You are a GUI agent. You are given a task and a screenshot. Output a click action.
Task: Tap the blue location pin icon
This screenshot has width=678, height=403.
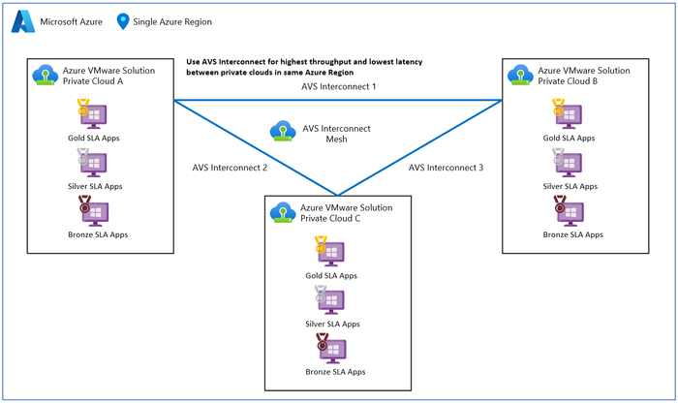point(123,21)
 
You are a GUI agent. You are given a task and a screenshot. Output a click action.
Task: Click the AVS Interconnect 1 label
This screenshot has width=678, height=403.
point(338,87)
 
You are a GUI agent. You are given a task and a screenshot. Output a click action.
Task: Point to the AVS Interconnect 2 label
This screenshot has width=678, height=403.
point(230,168)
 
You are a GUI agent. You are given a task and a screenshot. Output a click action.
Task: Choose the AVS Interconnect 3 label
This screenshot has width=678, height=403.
point(446,168)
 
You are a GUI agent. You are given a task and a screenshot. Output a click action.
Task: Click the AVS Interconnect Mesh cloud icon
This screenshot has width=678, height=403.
point(284,131)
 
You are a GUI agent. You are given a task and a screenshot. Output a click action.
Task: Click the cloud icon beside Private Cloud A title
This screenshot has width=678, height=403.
point(43,76)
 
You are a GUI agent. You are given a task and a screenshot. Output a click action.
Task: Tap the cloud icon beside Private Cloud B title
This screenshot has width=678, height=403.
point(519,76)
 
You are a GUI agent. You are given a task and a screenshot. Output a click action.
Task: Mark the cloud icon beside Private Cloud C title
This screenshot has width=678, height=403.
point(282,211)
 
